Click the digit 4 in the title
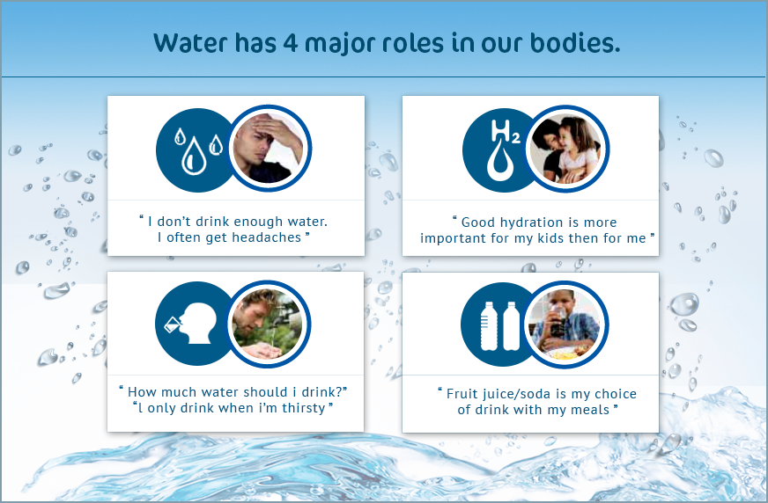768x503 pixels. point(290,43)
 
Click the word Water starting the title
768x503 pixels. point(190,43)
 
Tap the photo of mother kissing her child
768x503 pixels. point(566,149)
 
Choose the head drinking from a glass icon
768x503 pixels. point(193,323)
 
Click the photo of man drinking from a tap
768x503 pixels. point(268,324)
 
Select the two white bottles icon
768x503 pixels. point(500,326)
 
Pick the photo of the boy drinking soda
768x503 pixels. point(565,324)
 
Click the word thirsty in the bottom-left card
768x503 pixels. point(304,409)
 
